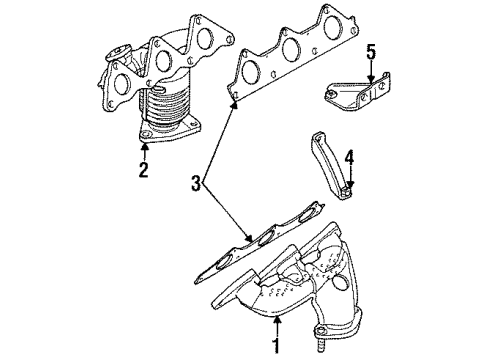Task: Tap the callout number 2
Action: click(x=143, y=169)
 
